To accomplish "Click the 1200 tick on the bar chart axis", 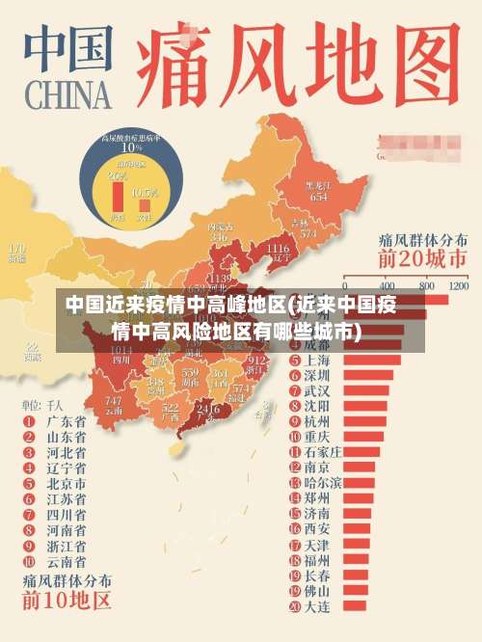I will click(458, 286).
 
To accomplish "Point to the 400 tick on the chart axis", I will click(388, 286).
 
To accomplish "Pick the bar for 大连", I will click(351, 606).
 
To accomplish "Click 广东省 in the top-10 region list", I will click(67, 421).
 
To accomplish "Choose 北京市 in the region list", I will click(67, 483).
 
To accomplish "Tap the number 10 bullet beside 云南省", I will click(28, 560).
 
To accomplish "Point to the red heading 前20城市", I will click(422, 258).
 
